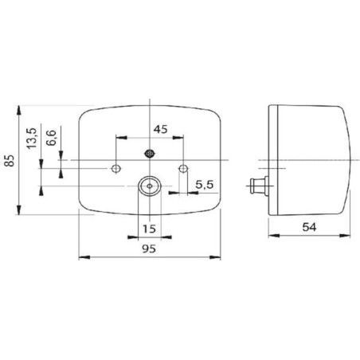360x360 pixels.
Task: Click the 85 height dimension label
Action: point(10,160)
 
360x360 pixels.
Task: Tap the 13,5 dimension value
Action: point(32,139)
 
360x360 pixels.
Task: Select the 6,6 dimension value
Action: point(51,138)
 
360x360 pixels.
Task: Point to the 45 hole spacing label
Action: point(161,129)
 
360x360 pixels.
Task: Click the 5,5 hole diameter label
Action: point(205,185)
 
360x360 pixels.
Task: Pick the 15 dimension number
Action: point(149,229)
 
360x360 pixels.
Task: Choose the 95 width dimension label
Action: point(149,248)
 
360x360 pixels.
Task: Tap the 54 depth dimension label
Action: point(309,227)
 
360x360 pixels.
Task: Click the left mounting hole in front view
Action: point(115,168)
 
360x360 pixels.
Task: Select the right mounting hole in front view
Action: point(183,168)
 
